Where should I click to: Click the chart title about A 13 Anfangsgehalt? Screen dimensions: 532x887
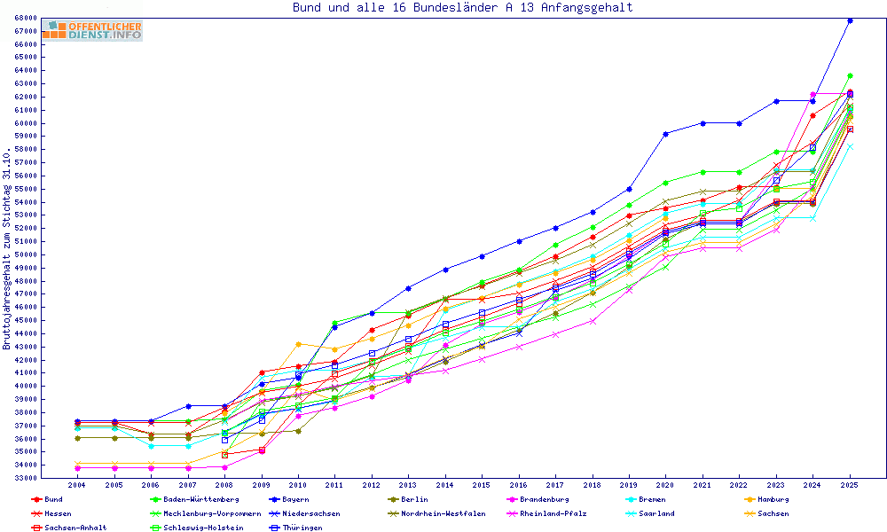[x=463, y=8]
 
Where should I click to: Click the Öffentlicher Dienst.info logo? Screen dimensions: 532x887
[x=91, y=31]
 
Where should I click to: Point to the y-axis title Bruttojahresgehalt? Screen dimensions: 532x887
[x=8, y=248]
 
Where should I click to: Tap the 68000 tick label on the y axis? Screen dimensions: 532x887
[x=25, y=19]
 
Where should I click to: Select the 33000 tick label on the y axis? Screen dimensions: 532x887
[x=25, y=478]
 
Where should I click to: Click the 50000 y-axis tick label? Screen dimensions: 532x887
[x=25, y=254]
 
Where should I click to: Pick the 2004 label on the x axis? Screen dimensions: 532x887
[x=77, y=486]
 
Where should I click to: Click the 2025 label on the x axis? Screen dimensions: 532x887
[x=850, y=486]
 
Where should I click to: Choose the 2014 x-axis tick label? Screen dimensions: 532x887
[x=445, y=486]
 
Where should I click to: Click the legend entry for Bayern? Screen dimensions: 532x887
[x=298, y=500]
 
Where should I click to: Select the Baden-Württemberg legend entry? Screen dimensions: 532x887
[x=188, y=500]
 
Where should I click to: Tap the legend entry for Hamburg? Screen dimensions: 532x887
[x=767, y=500]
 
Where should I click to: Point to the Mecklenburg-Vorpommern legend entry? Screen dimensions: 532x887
[x=211, y=513]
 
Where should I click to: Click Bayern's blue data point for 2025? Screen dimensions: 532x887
[x=850, y=20]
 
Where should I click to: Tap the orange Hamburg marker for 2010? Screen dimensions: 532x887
[x=299, y=344]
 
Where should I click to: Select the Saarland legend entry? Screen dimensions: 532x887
[x=655, y=513]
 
